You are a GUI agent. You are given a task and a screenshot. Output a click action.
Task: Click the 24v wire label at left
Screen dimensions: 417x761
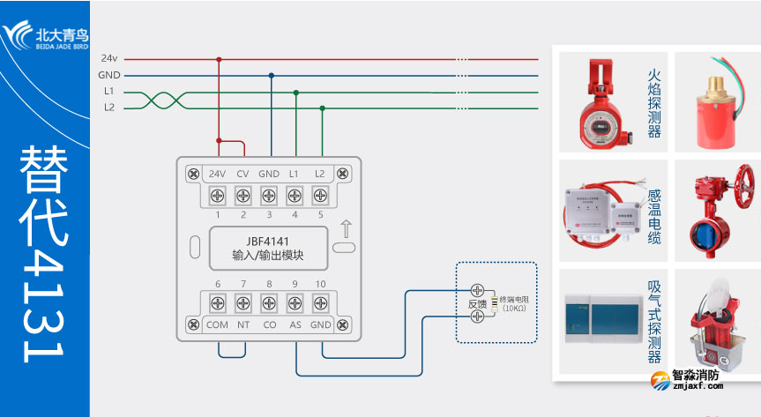click(x=109, y=59)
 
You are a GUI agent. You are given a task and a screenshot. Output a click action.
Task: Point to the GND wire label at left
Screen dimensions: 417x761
click(x=109, y=76)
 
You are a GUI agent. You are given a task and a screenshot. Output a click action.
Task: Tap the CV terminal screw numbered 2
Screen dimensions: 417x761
click(x=243, y=195)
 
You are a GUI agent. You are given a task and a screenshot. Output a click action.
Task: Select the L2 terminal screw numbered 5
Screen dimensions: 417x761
click(x=320, y=195)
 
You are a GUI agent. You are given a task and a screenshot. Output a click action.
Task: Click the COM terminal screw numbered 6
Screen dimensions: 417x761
click(x=217, y=302)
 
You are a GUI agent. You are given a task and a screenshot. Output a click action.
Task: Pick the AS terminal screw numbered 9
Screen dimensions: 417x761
click(x=295, y=302)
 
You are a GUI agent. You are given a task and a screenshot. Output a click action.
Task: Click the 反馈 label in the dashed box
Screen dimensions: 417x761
click(x=477, y=304)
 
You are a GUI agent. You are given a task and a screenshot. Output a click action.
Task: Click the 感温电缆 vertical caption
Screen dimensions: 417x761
click(x=653, y=217)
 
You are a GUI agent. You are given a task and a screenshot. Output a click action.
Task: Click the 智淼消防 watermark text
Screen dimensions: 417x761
click(x=697, y=375)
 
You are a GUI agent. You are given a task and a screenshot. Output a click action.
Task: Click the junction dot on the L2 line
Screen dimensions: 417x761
click(x=322, y=108)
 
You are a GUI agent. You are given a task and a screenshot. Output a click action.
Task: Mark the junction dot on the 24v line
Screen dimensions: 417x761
click(x=219, y=59)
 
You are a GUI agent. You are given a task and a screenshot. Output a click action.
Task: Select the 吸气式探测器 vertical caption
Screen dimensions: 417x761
click(x=653, y=322)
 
